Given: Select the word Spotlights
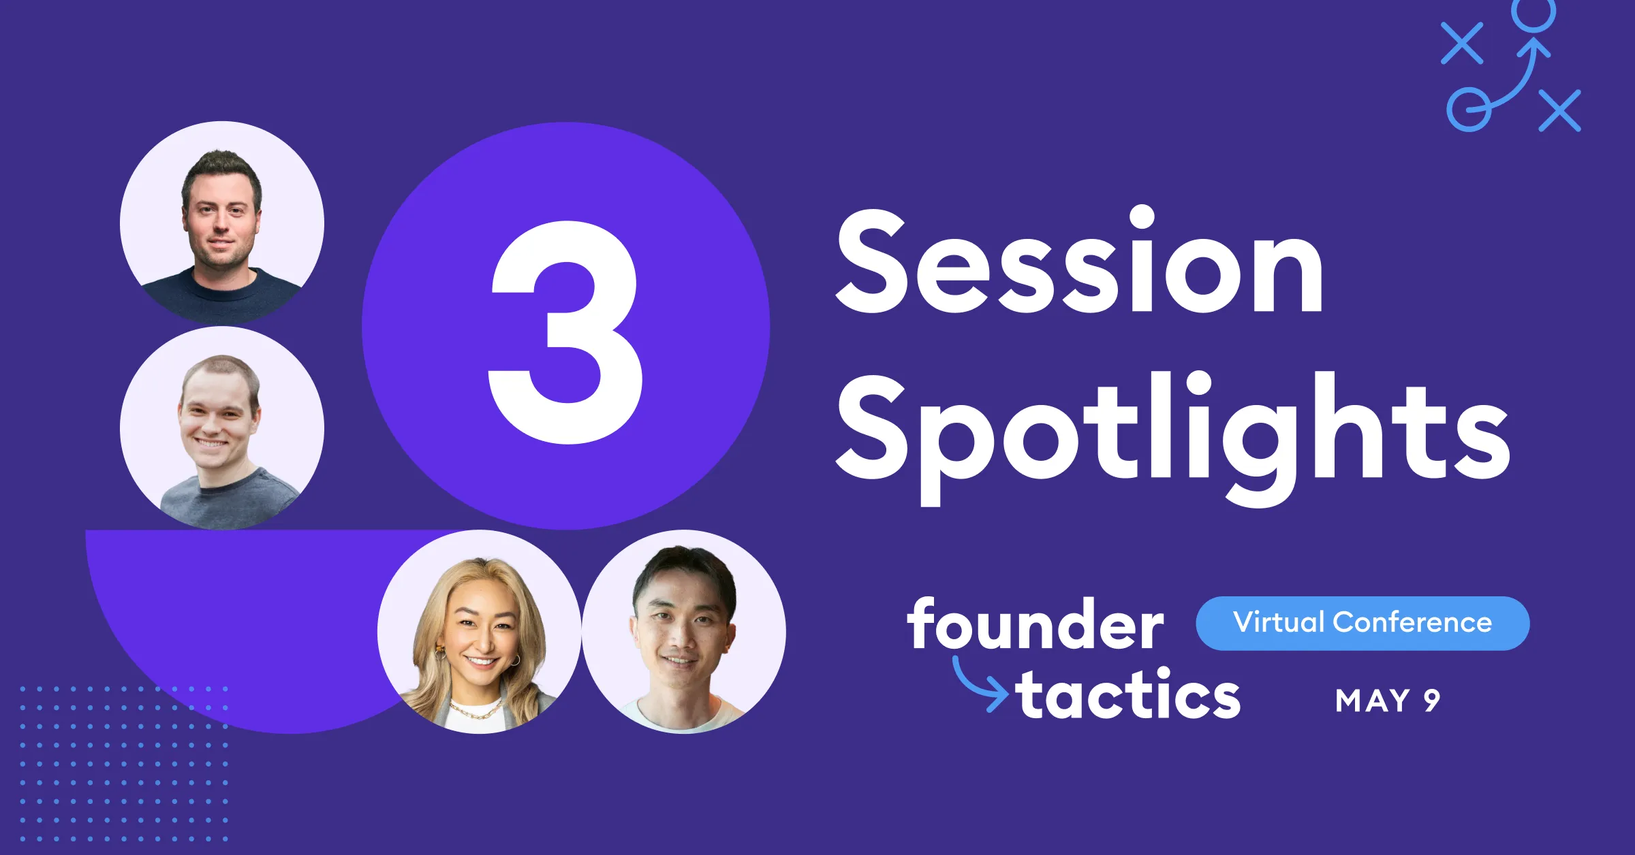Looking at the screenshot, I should [x=1172, y=436].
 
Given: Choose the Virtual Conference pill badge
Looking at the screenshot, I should [x=1362, y=623].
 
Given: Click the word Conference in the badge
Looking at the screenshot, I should [x=1412, y=623].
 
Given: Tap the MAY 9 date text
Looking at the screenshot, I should [x=1387, y=701].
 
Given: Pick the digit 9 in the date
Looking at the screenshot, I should [x=1431, y=701].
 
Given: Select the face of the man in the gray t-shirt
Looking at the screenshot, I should [x=217, y=419].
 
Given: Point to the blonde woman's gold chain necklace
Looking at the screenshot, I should [x=477, y=711].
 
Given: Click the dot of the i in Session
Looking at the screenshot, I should [x=1142, y=217].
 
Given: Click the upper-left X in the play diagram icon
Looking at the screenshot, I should [x=1462, y=43].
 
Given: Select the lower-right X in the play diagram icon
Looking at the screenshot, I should [x=1560, y=110].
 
